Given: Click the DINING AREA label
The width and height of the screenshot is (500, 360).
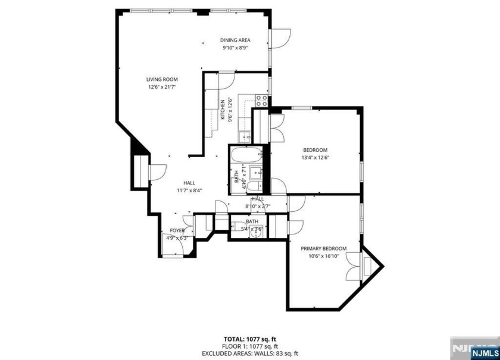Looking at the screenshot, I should pos(236,40).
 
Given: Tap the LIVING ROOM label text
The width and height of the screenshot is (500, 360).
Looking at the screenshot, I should pos(162,79).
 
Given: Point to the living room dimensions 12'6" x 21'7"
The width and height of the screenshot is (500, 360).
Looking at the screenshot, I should pos(162,87).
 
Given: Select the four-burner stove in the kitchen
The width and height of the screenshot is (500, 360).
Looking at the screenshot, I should pos(261,100).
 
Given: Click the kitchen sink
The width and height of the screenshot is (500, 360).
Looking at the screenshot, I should pos(245,137).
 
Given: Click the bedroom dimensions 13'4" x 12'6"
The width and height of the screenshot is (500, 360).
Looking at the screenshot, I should pos(315,158).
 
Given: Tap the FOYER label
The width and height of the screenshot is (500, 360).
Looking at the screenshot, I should pos(177,230).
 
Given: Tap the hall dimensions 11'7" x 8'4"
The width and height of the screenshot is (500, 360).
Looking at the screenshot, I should pos(189,190).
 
